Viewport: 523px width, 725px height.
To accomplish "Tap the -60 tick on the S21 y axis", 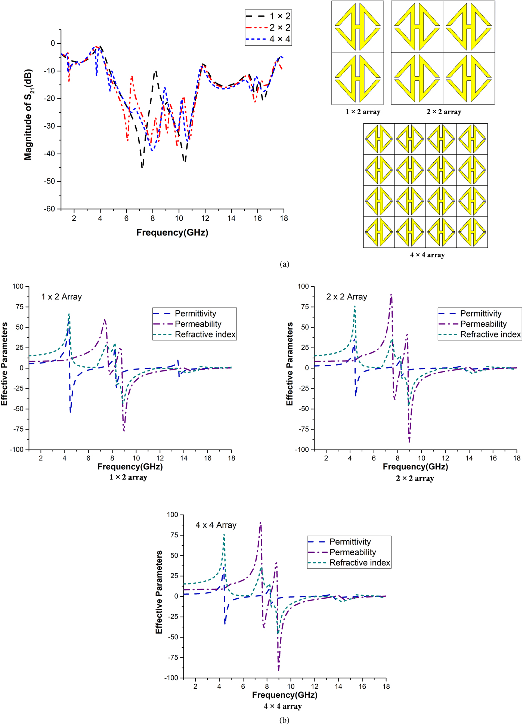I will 50,209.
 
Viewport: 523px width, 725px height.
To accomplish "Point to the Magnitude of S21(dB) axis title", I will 28,115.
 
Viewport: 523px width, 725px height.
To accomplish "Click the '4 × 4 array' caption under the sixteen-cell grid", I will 427,255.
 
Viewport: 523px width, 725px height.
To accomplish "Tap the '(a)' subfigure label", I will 284,264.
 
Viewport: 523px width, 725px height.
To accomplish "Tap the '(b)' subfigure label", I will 284,720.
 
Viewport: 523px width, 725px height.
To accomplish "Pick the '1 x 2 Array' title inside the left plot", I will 62,297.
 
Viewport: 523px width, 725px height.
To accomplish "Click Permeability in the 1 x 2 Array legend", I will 198,324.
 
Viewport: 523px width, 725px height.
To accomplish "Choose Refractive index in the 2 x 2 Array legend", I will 490,334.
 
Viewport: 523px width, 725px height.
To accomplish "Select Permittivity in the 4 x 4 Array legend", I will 350,542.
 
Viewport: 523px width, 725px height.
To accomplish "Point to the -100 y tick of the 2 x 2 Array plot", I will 303,450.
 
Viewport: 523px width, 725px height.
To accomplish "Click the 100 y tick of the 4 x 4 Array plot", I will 173,515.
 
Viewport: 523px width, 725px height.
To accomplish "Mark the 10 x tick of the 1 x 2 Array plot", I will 136,458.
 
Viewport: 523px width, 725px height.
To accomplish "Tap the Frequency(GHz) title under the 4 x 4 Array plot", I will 285,695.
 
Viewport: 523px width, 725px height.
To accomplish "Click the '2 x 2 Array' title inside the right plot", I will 347,297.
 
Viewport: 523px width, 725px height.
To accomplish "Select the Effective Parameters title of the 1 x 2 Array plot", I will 4,364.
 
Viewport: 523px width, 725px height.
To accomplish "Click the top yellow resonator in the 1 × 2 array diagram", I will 358,27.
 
